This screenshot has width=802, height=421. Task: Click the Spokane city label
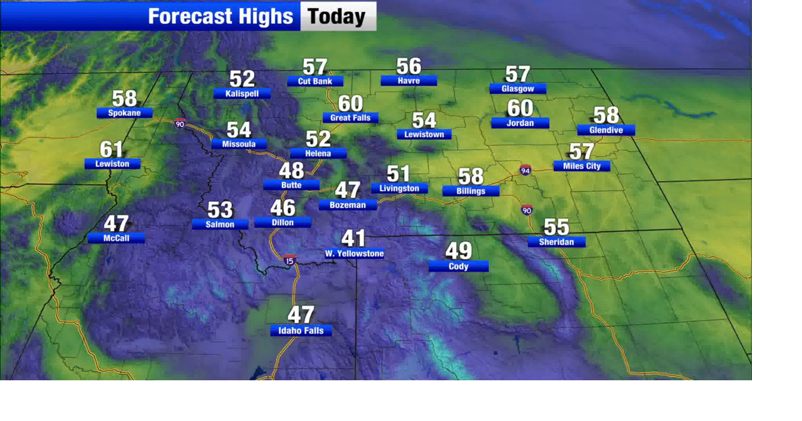[x=124, y=113]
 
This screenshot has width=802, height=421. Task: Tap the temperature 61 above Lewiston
[x=112, y=150]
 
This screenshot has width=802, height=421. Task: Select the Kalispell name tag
[x=242, y=93]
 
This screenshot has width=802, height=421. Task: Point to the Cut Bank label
[x=315, y=81]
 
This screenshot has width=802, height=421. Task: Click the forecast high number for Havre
[x=409, y=66]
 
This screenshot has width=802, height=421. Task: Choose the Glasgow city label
[x=518, y=89]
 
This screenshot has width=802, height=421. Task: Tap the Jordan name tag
[x=520, y=123]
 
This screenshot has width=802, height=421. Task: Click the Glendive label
[x=606, y=130]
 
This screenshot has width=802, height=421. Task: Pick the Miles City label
[x=581, y=166]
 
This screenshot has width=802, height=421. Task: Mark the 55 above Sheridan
[x=556, y=226]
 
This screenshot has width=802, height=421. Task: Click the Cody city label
[x=459, y=266]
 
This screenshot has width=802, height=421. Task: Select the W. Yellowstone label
[x=354, y=254]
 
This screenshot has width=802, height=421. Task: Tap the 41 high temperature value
[x=353, y=238]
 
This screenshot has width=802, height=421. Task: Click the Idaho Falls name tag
[x=301, y=331]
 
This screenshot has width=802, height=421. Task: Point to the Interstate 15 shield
[x=289, y=260]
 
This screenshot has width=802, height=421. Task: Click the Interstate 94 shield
[x=525, y=170]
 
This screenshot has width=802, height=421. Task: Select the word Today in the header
[x=337, y=16]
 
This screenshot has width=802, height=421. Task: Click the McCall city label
[x=116, y=238]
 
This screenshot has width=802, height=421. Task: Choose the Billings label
[x=471, y=191]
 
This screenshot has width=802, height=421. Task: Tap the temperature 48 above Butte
[x=291, y=170]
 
